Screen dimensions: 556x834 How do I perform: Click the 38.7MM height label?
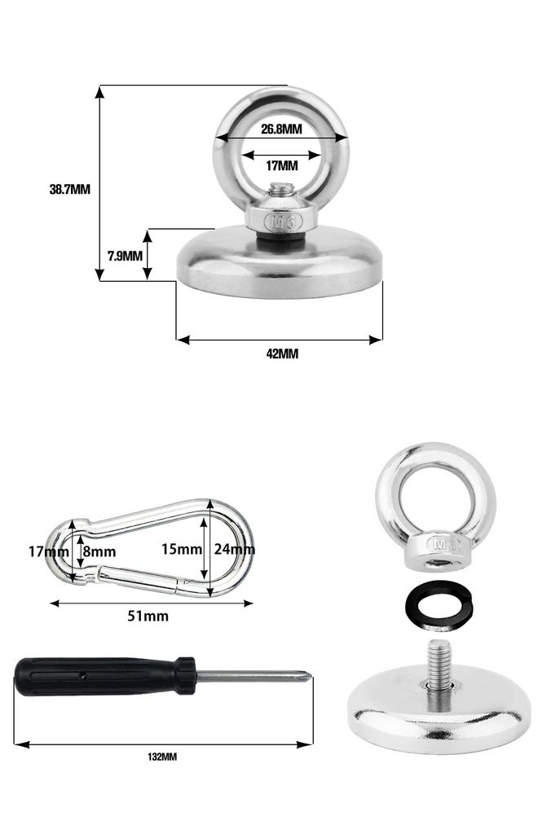(70, 189)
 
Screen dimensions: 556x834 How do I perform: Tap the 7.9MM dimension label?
(126, 257)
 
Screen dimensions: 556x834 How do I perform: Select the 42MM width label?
(282, 353)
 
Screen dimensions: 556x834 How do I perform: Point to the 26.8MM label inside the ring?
(281, 129)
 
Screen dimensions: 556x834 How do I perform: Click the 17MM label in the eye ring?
(282, 166)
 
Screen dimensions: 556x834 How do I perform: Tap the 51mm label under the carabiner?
(148, 616)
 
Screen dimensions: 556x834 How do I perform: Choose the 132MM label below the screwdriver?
(162, 757)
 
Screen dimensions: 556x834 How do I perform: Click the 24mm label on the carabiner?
(234, 549)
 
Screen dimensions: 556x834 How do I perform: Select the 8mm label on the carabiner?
(99, 551)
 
